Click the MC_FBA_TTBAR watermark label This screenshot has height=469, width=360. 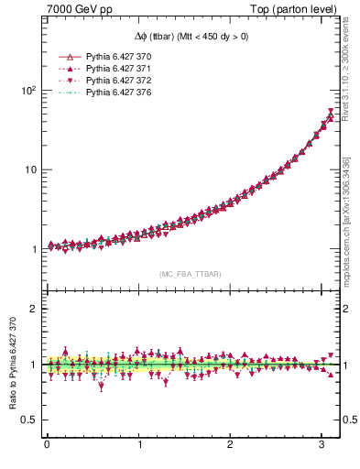(x=190, y=274)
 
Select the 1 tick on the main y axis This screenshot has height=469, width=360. (x=31, y=249)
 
